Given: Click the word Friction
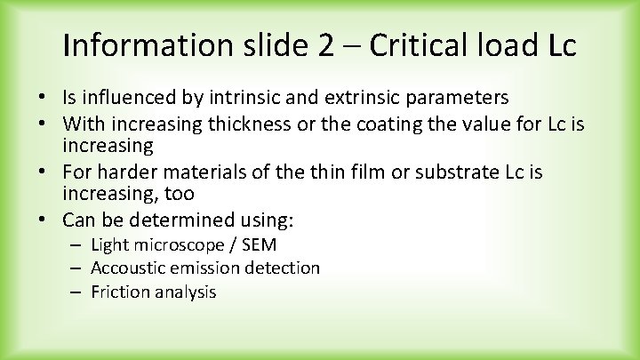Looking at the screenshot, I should click(119, 292).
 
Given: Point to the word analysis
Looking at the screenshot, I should click(184, 292).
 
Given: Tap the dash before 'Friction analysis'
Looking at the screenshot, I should click(78, 292).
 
